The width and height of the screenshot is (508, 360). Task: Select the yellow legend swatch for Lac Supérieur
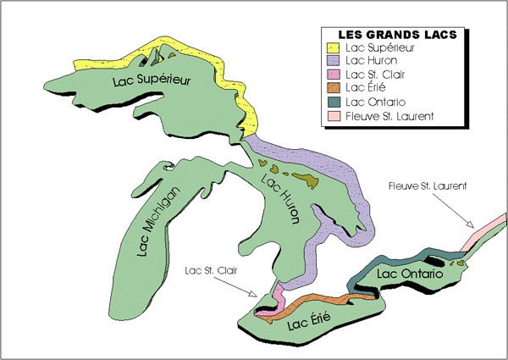point(329,47)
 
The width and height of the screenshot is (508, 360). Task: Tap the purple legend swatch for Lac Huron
point(329,61)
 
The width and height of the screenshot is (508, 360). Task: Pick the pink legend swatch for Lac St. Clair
point(329,75)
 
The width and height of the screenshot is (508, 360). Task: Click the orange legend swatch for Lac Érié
point(329,88)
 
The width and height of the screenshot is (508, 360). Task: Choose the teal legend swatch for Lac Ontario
point(329,102)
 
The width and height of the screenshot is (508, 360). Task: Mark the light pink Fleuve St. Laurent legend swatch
point(329,115)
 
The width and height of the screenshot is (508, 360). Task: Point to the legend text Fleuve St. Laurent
point(384,115)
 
